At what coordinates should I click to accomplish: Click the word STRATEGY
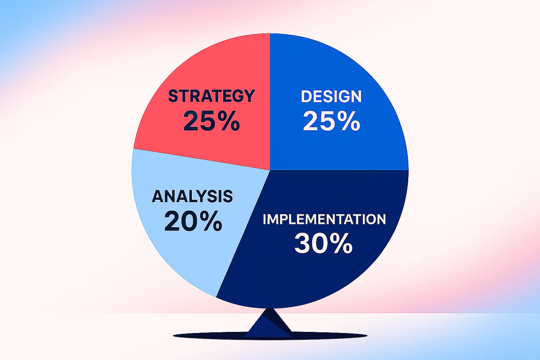(211, 96)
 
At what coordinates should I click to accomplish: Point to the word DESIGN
(331, 96)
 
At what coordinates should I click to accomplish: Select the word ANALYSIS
(192, 196)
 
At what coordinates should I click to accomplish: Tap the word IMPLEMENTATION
(324, 219)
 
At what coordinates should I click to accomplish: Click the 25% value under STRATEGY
(212, 121)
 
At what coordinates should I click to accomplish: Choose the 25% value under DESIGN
(332, 121)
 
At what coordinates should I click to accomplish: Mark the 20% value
(193, 221)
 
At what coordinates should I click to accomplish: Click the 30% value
(324, 243)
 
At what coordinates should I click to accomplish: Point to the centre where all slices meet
(270, 170)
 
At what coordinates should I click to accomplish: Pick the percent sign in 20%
(211, 221)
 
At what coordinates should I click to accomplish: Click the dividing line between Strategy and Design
(270, 102)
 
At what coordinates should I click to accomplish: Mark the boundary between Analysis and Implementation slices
(243, 233)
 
